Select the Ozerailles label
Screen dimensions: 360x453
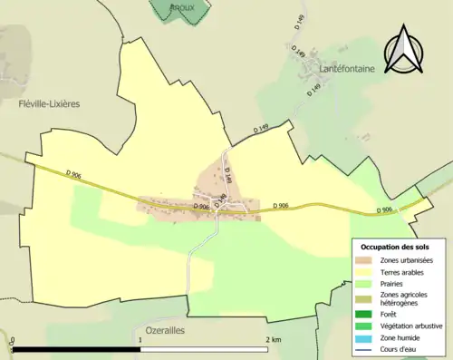click(165, 331)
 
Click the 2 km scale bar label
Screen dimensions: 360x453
click(274, 340)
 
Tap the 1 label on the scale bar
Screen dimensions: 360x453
click(140, 340)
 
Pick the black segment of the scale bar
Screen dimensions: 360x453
click(77, 348)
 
